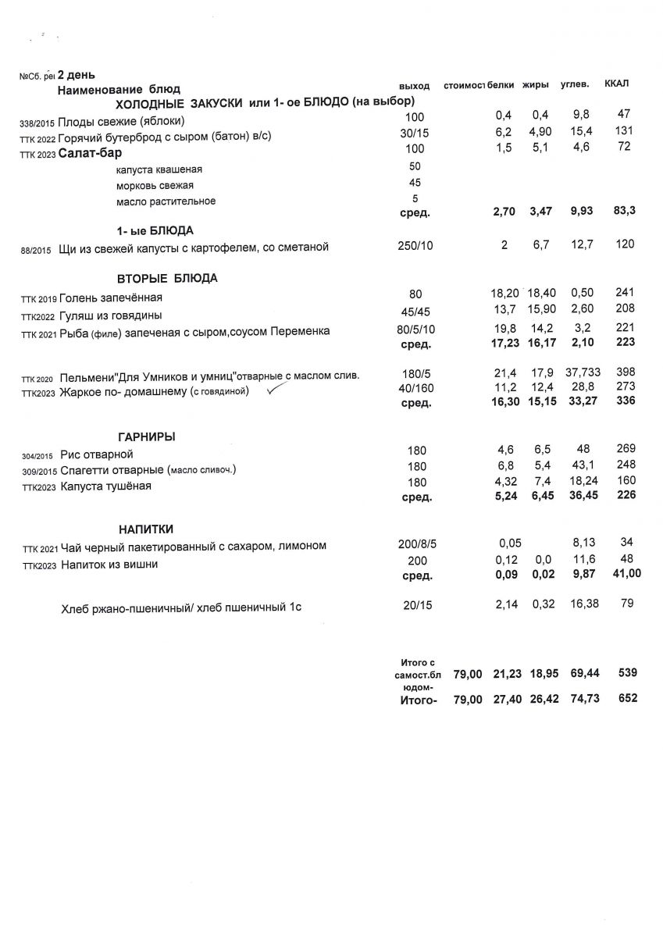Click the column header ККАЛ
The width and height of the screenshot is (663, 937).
617,84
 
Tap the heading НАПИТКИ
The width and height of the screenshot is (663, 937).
146,529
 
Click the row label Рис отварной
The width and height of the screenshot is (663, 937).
97,454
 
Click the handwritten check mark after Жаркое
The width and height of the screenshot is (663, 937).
274,392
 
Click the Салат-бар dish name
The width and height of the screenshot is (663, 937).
90,153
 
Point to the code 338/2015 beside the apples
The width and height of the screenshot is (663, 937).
37,123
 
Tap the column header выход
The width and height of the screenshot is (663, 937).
414,85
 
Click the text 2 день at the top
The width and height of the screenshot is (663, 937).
77,75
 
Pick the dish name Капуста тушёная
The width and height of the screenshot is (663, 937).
105,486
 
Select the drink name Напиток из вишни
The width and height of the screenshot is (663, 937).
109,565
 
